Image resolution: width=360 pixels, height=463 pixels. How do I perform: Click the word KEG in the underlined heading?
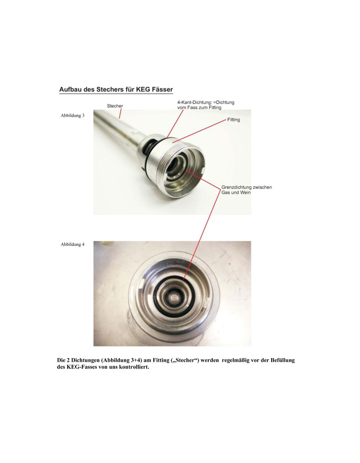(x=142, y=89)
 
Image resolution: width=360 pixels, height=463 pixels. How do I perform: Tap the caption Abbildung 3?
(x=73, y=115)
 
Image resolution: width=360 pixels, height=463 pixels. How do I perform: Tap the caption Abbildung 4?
(x=73, y=244)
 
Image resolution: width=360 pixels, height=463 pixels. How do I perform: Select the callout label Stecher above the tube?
(x=115, y=106)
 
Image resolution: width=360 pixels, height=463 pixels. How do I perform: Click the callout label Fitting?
(x=233, y=119)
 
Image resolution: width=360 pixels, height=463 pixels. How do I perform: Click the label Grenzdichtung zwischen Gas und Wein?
(x=247, y=190)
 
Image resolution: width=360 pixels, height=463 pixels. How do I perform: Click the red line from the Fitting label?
(x=200, y=131)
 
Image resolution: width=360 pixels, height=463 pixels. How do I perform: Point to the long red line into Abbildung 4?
(x=202, y=233)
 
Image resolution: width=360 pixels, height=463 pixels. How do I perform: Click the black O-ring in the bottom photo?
(x=173, y=295)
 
